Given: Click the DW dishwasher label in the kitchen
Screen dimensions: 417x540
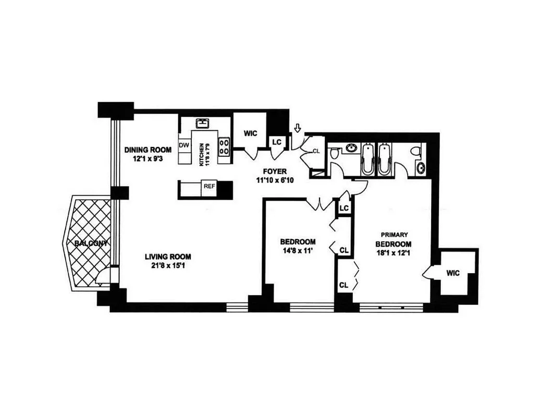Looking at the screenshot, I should tap(183, 144).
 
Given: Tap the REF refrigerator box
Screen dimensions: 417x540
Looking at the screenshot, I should tap(208, 186).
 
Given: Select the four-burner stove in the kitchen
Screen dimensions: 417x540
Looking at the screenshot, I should tap(225, 146).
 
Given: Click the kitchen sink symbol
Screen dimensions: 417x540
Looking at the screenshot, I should tap(202, 124).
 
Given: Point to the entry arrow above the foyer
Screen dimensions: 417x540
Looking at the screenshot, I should tap(298, 128).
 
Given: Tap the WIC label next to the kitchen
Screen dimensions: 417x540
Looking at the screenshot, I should tap(251, 133).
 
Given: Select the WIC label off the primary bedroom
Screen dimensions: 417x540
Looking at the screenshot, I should tap(452, 273).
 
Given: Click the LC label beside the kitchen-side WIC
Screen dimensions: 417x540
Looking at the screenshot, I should tap(277, 142).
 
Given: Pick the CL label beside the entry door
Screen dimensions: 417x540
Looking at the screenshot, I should tap(316, 151).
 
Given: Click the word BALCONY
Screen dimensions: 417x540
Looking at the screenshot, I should tap(90, 243).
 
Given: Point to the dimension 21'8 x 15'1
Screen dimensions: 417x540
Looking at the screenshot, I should tap(168, 266).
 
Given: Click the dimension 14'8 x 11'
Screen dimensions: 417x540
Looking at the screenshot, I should tap(298, 251).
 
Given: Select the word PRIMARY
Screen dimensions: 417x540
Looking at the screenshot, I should tap(394, 235).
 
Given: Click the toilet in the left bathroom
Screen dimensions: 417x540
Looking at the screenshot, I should tap(334, 153).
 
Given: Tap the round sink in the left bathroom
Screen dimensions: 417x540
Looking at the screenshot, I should tap(350, 148).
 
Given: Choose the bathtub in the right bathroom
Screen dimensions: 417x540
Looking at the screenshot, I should tap(385, 160).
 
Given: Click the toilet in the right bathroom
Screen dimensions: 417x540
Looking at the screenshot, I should tap(416, 151).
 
